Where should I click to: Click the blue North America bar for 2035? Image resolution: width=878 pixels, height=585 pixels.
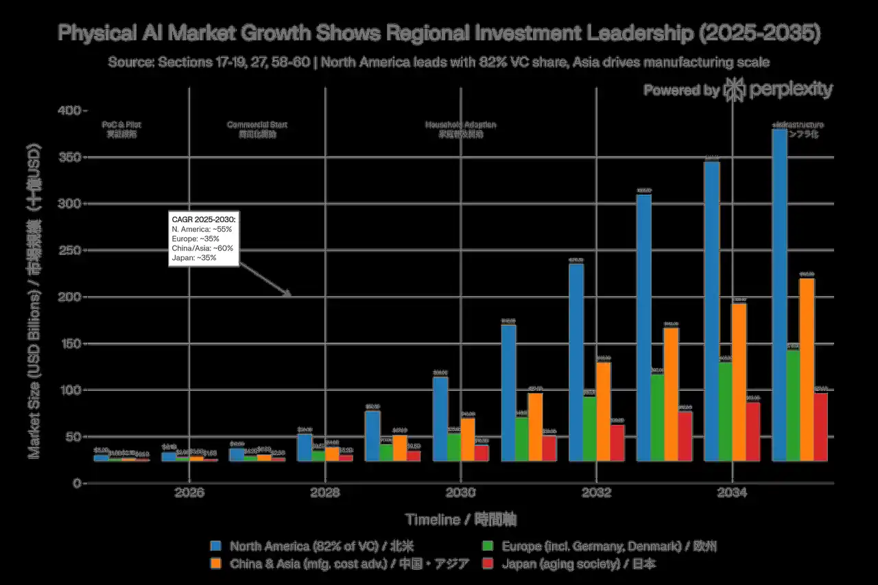click(x=779, y=295)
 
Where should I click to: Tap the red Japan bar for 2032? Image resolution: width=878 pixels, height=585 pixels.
click(x=617, y=443)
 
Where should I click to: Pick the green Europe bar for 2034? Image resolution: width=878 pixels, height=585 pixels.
click(x=725, y=411)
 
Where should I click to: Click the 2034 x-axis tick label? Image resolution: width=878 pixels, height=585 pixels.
click(x=732, y=493)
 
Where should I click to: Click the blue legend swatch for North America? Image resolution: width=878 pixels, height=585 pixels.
click(x=217, y=547)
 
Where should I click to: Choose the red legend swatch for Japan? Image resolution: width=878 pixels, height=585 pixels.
click(x=488, y=564)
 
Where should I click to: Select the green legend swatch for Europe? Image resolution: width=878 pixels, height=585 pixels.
click(x=488, y=547)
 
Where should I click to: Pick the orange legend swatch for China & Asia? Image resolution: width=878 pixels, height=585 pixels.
click(x=217, y=564)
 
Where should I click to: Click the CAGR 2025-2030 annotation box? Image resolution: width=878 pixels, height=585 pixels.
click(x=204, y=239)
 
